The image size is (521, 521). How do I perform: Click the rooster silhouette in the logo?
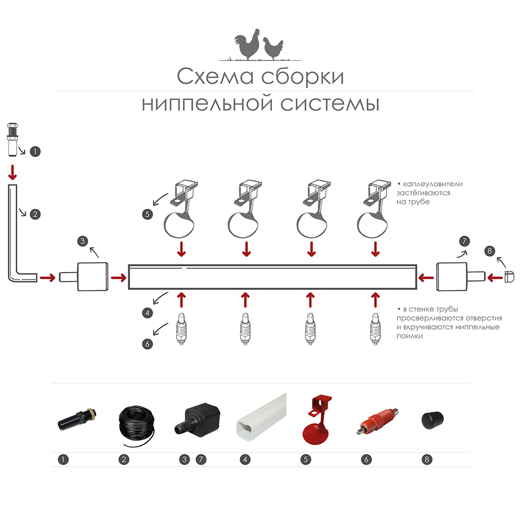tap(247, 47)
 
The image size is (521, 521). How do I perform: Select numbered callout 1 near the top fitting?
tap(35, 152)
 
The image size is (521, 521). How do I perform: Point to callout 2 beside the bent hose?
tap(35, 214)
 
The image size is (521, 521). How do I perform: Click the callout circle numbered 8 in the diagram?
tap(489, 251)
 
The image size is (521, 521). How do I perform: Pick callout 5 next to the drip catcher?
tap(148, 214)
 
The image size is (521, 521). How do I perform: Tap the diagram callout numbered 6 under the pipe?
tap(148, 343)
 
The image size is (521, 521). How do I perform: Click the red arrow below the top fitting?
tap(12, 171)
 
